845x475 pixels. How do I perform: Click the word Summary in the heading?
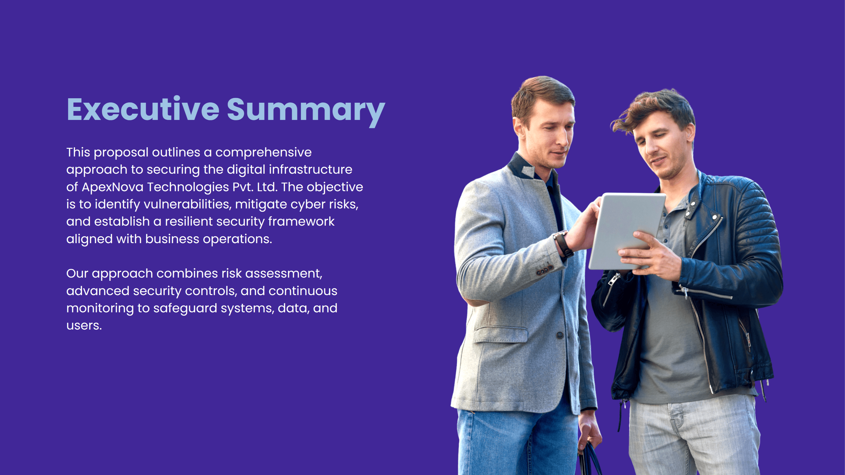(x=306, y=110)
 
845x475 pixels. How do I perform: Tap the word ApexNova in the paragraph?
(x=113, y=187)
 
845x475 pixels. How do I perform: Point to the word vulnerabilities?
(x=187, y=204)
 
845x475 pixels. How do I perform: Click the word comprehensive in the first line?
(x=263, y=153)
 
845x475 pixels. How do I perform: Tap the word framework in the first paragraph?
(x=301, y=222)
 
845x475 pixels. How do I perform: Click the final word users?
(x=84, y=325)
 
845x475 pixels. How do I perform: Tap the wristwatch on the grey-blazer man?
(x=563, y=243)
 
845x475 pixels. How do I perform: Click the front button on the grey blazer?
(x=560, y=335)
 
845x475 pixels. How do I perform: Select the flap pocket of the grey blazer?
(x=500, y=334)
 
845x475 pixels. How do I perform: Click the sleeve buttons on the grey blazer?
(x=544, y=270)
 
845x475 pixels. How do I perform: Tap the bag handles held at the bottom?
(x=591, y=457)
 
